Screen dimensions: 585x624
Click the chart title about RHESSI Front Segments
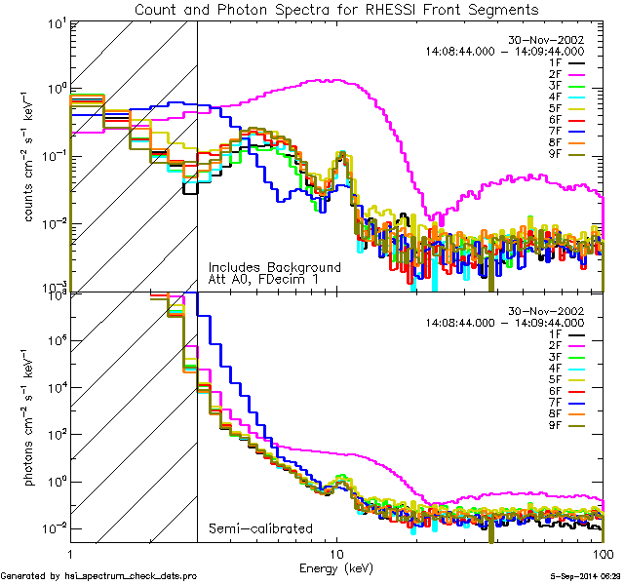[x=335, y=10]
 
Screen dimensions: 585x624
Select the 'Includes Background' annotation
[x=274, y=267]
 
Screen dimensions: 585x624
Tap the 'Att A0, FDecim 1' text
[x=262, y=280]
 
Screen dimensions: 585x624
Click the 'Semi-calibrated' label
[x=260, y=528]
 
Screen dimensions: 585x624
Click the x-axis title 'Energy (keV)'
[x=335, y=566]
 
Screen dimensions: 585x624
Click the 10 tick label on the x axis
[x=336, y=553]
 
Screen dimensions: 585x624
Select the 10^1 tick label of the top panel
[x=55, y=23]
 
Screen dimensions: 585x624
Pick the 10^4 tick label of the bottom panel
[x=55, y=387]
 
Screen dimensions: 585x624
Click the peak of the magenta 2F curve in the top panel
[x=336, y=80]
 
